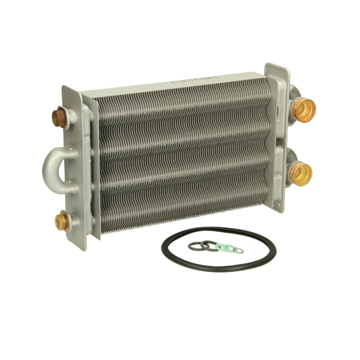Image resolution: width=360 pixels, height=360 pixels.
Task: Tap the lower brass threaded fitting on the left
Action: click(x=62, y=219)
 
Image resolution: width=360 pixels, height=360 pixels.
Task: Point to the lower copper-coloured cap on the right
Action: click(x=301, y=173)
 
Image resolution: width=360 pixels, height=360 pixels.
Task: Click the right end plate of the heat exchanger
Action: click(x=275, y=138)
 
